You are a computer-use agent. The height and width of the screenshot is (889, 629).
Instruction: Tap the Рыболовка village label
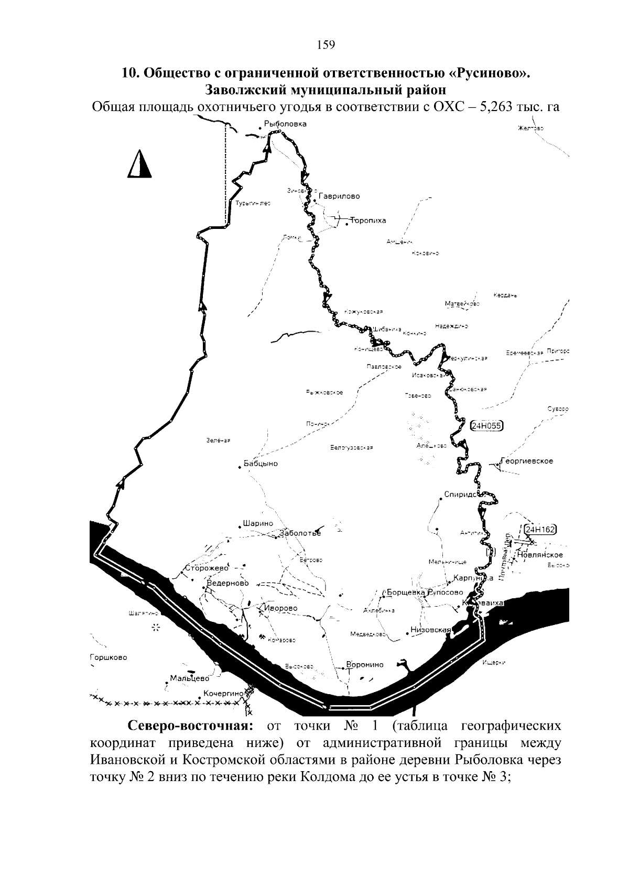(285, 124)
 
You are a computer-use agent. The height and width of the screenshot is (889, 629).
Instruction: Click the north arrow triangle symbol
(139, 164)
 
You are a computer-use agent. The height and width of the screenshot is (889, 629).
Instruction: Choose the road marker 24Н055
(487, 426)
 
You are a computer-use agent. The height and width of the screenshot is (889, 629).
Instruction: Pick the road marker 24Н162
(540, 529)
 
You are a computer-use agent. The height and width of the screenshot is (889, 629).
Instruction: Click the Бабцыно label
(261, 464)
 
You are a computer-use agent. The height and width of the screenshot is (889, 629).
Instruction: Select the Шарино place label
(258, 523)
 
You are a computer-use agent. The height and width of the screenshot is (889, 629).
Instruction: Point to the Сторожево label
(207, 568)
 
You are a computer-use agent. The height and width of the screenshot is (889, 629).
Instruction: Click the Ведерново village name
(228, 583)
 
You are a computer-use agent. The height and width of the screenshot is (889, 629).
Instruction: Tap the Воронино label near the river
(365, 665)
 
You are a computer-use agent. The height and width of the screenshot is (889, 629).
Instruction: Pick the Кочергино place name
(224, 693)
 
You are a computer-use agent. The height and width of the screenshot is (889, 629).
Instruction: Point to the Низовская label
(431, 630)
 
